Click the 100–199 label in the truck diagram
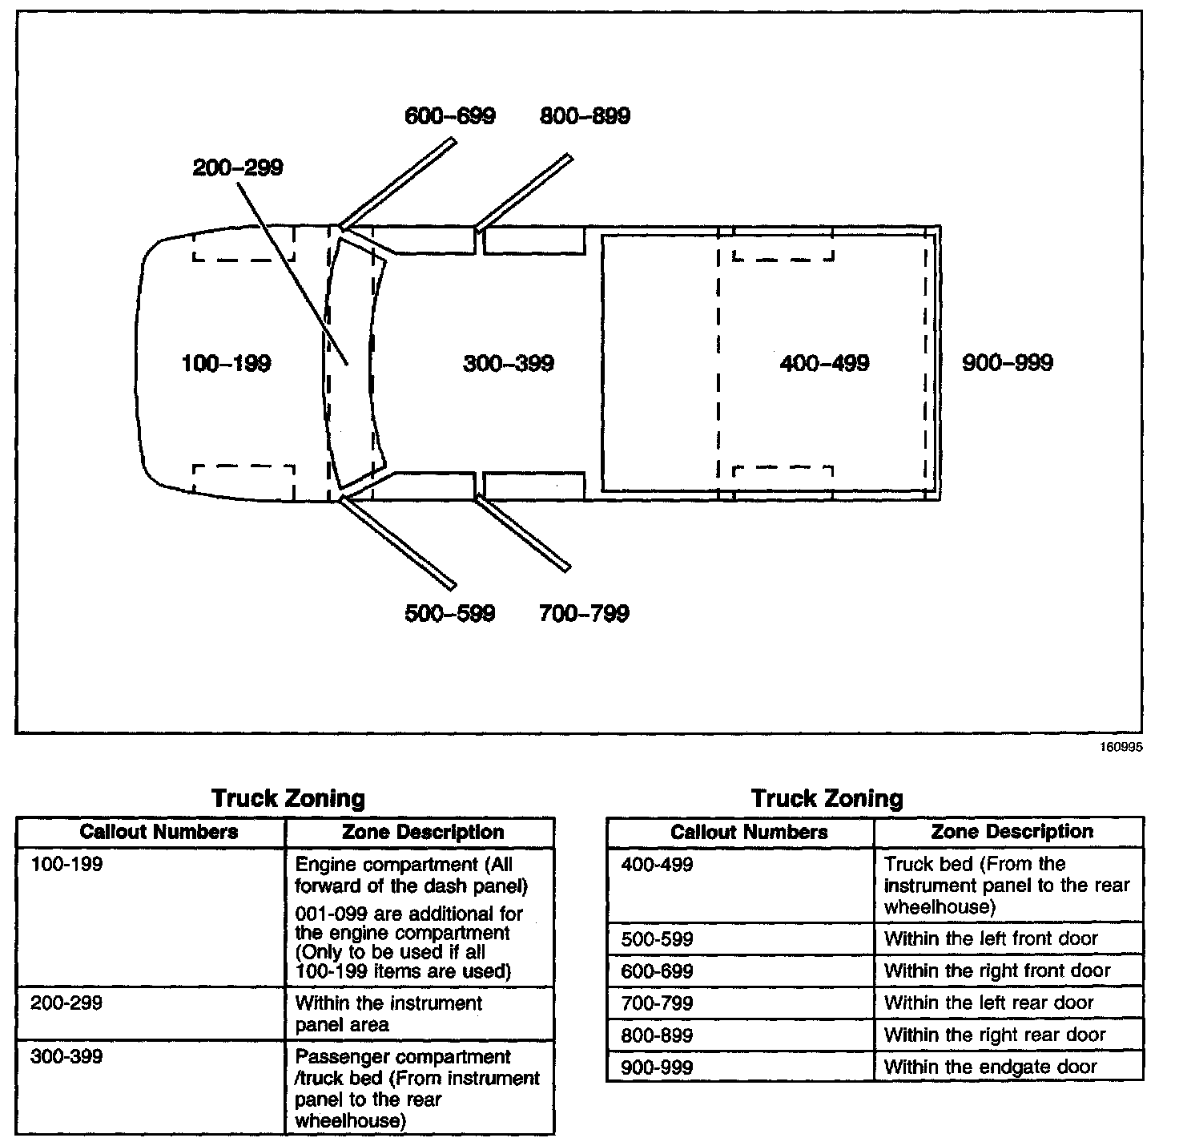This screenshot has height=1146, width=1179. pos(227,363)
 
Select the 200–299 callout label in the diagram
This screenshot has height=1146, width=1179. pos(238,167)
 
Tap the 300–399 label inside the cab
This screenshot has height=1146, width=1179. pos(509,363)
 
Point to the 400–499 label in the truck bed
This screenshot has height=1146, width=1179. pos(824,363)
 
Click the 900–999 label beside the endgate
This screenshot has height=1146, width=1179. pos(1008,363)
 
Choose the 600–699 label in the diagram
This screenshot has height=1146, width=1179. pos(450,115)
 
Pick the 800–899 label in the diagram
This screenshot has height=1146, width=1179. pos(585,115)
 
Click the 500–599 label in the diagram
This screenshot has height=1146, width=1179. pos(450,614)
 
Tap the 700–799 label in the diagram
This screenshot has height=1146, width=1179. pos(585,614)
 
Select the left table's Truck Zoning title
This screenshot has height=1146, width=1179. pos(288,798)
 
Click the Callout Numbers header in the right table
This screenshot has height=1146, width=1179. pos(749,832)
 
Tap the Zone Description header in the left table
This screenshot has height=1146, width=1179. pos(423,832)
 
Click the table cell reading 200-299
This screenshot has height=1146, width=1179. pos(66,1003)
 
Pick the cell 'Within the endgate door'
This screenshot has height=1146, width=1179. pos(991,1067)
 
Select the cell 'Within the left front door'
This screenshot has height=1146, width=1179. pos(991,938)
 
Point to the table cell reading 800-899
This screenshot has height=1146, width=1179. pos(657,1035)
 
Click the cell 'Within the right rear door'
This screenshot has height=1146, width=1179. pos(995,1035)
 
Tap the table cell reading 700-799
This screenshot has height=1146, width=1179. pos(657,1003)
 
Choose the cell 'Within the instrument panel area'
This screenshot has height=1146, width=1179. pos(388,1014)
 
